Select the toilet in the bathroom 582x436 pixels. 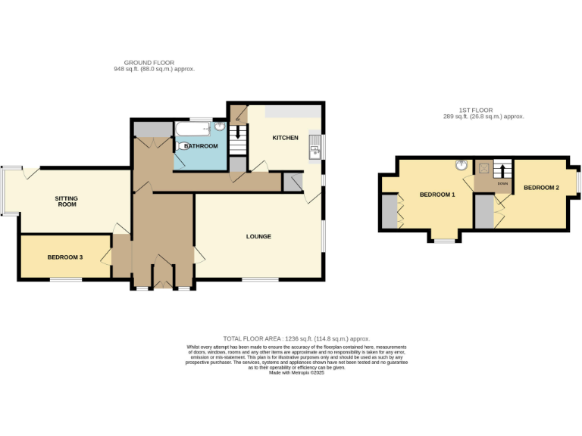pos(219,126)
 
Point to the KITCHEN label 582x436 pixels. pos(285,138)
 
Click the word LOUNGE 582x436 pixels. pos(258,237)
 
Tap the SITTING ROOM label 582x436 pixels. pos(66,201)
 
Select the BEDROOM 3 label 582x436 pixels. pos(65,257)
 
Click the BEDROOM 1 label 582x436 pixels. pos(437,195)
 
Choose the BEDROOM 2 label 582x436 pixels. pos(541,187)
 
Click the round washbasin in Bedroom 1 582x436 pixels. pos(460,166)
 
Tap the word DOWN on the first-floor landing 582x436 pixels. pos(502,183)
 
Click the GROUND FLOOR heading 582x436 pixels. pos(149,63)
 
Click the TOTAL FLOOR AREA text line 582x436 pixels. pos(296,338)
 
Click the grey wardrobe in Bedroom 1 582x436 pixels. pos(389,211)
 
